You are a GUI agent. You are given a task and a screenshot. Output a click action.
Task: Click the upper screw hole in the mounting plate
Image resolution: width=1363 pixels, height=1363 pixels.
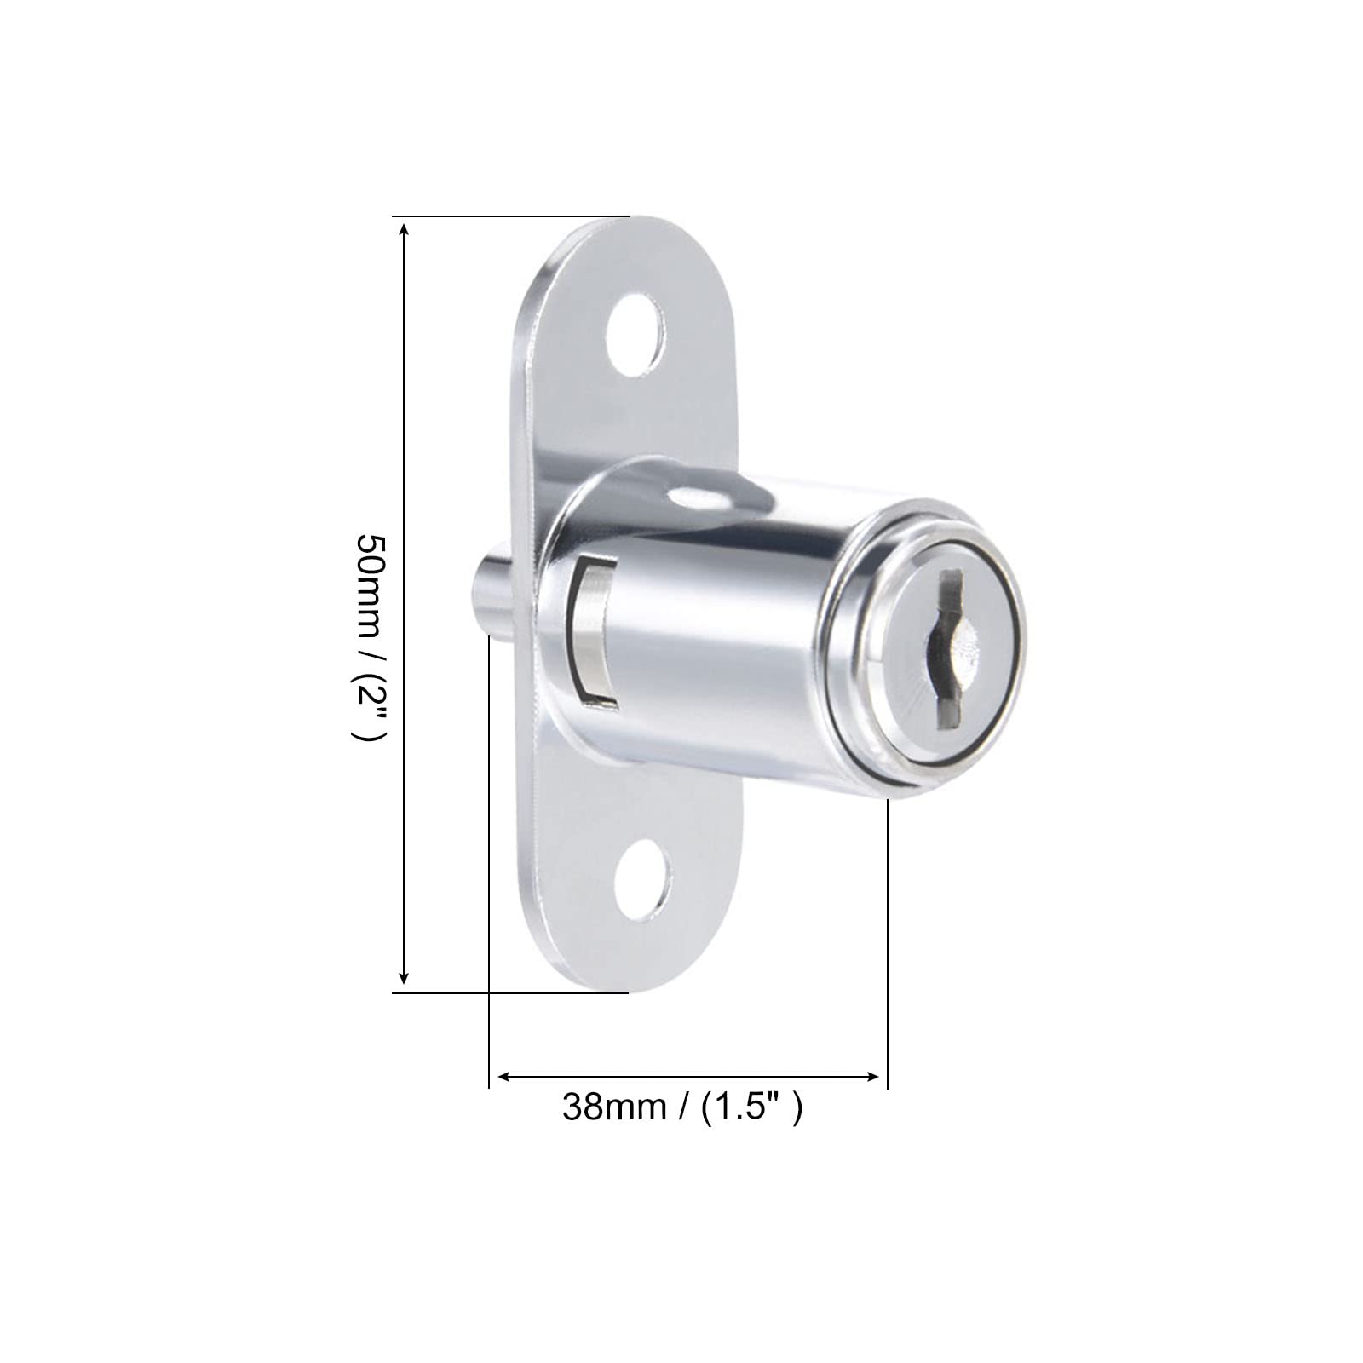pyautogui.click(x=635, y=335)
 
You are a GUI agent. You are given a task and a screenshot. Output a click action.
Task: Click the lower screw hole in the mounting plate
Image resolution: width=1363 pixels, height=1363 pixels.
pyautogui.click(x=643, y=880)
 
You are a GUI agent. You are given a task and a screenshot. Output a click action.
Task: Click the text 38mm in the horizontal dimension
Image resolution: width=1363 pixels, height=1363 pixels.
pyautogui.click(x=614, y=1107)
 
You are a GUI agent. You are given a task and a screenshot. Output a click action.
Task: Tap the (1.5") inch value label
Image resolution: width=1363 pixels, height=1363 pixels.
pyautogui.click(x=751, y=1107)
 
